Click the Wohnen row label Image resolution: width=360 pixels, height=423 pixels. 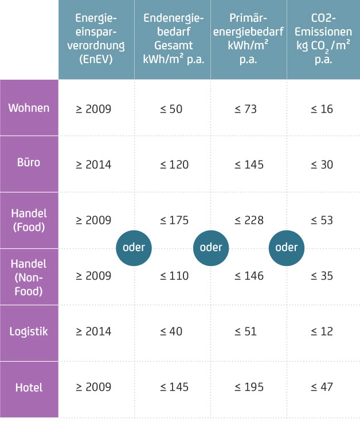pyautogui.click(x=29, y=108)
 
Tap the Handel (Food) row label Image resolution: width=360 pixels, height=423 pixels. pyautogui.click(x=29, y=220)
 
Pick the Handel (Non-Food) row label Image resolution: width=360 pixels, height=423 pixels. pyautogui.click(x=29, y=276)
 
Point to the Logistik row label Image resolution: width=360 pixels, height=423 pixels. pyautogui.click(x=29, y=331)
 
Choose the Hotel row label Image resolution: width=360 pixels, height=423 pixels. pyautogui.click(x=29, y=387)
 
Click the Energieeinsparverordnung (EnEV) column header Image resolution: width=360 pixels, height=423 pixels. pyautogui.click(x=96, y=39)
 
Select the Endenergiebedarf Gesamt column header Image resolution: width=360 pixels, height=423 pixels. pyautogui.click(x=173, y=39)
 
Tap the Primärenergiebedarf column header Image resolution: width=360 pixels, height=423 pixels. pyautogui.click(x=249, y=39)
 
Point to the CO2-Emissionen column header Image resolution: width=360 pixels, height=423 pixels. pyautogui.click(x=324, y=39)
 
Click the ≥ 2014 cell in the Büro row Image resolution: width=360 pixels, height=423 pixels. pyautogui.click(x=93, y=164)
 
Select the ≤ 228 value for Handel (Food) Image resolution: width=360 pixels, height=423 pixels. pyautogui.click(x=249, y=220)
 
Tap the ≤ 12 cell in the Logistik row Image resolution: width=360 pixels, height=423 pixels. pyautogui.click(x=322, y=332)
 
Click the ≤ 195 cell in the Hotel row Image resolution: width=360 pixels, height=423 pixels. pyautogui.click(x=249, y=387)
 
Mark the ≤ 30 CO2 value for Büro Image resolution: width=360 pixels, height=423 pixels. pyautogui.click(x=322, y=164)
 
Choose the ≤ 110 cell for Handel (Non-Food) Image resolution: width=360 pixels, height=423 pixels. pyautogui.click(x=171, y=276)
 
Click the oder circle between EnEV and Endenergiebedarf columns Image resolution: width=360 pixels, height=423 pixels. pyautogui.click(x=134, y=248)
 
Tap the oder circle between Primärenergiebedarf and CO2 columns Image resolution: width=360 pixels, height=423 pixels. pyautogui.click(x=287, y=248)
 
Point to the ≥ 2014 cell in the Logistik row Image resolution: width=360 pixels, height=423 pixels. pyautogui.click(x=93, y=332)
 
